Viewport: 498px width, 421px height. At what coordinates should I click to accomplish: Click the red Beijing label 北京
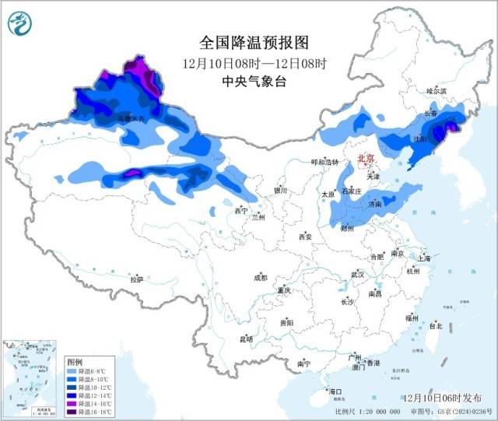[x=366, y=159]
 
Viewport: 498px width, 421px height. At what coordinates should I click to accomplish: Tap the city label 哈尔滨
[x=437, y=91]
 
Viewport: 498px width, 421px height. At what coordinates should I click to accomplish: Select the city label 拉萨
[x=136, y=279]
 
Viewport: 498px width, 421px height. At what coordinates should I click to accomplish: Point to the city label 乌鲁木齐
[x=131, y=118]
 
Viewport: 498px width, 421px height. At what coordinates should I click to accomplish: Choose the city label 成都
[x=259, y=277]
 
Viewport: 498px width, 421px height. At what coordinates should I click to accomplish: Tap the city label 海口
[x=335, y=391]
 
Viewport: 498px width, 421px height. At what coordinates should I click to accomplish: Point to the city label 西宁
[x=240, y=211]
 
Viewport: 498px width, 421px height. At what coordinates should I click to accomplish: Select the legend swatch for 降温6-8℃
[x=72, y=372]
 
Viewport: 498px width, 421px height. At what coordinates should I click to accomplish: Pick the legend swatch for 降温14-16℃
[x=72, y=404]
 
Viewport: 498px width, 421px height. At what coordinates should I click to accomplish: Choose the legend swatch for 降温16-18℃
[x=72, y=412]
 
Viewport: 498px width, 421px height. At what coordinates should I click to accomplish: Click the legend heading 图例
[x=75, y=363]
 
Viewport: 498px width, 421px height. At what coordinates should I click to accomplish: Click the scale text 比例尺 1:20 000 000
[x=367, y=411]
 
